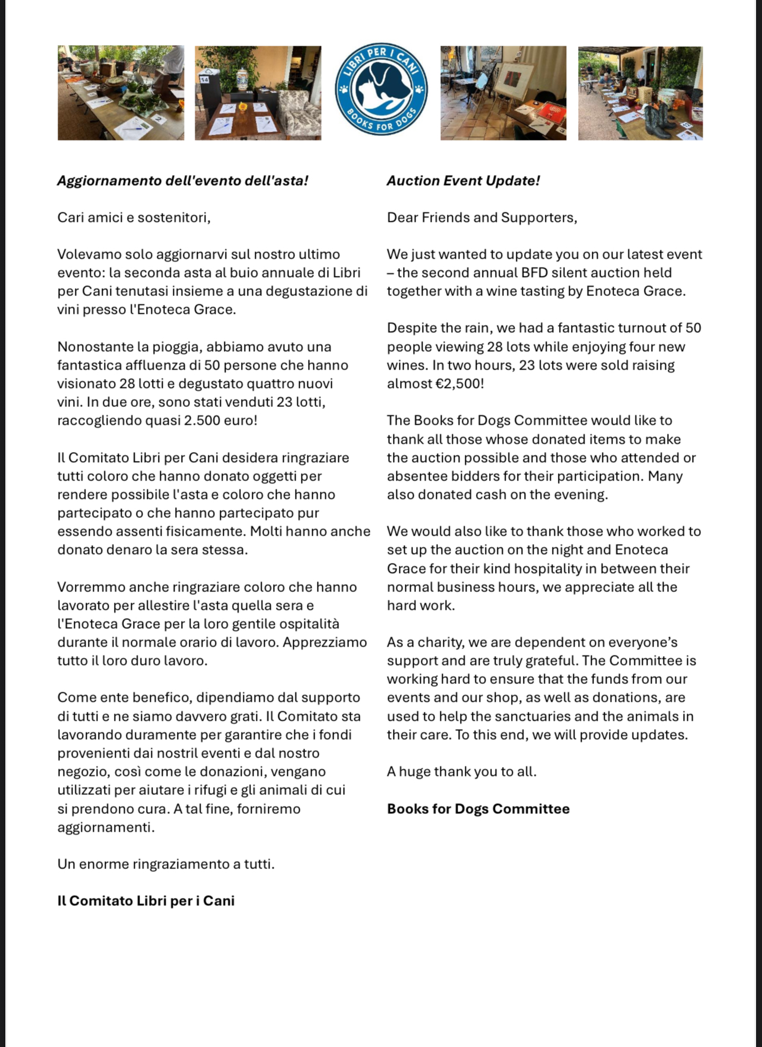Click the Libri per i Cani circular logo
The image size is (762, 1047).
pyautogui.click(x=380, y=89)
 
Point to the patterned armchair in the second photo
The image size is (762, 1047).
pyautogui.click(x=299, y=113)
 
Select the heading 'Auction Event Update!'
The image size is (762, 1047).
pyautogui.click(x=463, y=181)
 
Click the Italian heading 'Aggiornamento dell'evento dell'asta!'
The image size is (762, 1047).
pyautogui.click(x=183, y=181)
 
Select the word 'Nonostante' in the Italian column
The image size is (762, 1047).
pyautogui.click(x=91, y=347)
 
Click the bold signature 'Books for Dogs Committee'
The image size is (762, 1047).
pyautogui.click(x=478, y=809)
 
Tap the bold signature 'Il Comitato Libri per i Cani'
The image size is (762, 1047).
pyautogui.click(x=146, y=901)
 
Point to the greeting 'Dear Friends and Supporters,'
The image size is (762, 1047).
pyautogui.click(x=482, y=218)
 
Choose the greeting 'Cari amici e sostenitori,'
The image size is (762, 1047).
pyautogui.click(x=134, y=218)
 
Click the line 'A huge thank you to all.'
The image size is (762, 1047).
pyautogui.click(x=462, y=772)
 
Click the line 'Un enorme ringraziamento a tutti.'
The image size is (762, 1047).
pyautogui.click(x=166, y=864)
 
